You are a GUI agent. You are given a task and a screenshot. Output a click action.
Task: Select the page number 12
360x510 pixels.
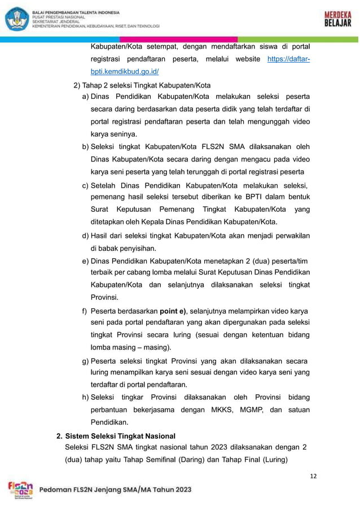[x=313, y=476]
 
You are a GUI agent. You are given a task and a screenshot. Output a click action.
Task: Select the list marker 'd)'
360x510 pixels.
[x=86, y=235]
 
